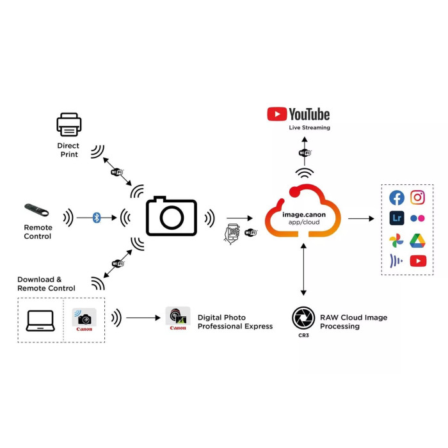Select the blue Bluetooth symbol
(x=97, y=218)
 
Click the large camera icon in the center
(x=172, y=216)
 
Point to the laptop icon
(x=40, y=320)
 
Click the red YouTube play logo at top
(x=277, y=114)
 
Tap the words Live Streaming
(x=309, y=127)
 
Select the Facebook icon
(x=397, y=198)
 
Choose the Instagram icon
(x=418, y=198)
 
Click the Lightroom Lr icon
(x=397, y=218)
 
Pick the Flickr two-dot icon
(x=418, y=218)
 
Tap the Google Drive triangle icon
(x=418, y=241)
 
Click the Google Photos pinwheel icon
(x=397, y=241)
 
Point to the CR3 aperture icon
(x=303, y=317)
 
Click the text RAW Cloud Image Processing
(x=353, y=322)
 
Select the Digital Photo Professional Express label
(x=235, y=322)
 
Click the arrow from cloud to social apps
(x=361, y=218)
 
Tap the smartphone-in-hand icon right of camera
(x=231, y=234)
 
